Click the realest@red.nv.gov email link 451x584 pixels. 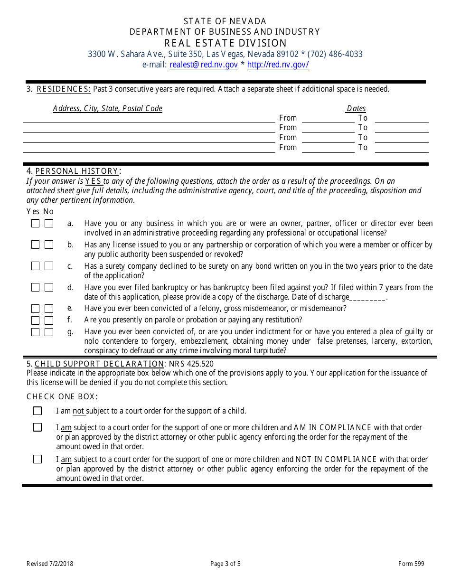204,65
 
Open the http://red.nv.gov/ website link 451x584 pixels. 278,65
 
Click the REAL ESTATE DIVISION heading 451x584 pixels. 225,43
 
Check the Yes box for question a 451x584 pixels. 36,223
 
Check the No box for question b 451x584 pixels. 49,245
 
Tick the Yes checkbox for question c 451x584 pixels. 36,266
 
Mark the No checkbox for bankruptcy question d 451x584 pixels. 49,287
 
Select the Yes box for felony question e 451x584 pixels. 36,309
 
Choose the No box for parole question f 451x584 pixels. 49,320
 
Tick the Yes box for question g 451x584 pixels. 36,332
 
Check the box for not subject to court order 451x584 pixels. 38,411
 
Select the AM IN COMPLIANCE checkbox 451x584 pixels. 38,427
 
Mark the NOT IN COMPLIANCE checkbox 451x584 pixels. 38,459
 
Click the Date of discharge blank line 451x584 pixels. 367,298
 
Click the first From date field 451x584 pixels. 328,119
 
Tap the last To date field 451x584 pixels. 402,148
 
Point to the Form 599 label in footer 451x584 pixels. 411,564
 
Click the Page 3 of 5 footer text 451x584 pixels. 225,564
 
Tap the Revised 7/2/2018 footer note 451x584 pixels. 50,564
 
